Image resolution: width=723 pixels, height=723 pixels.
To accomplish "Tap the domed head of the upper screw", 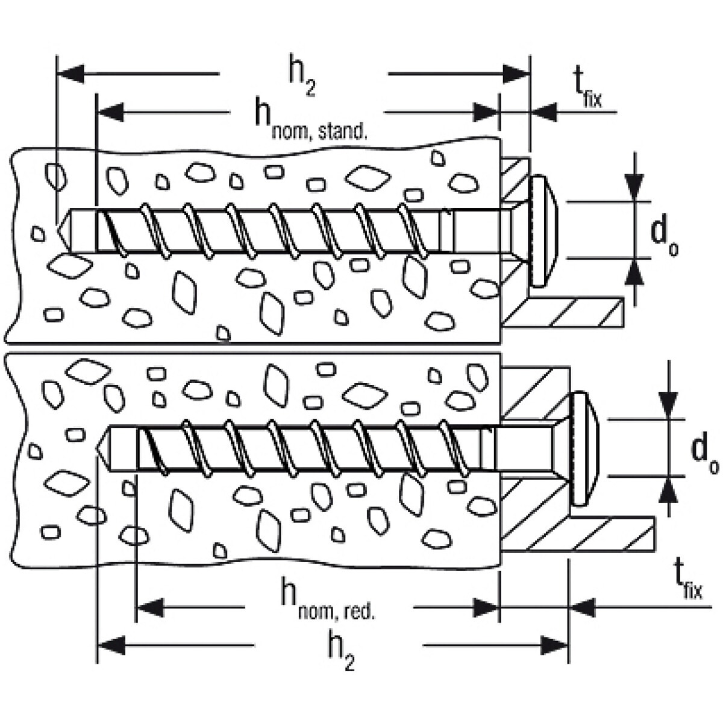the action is coord(545,230).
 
